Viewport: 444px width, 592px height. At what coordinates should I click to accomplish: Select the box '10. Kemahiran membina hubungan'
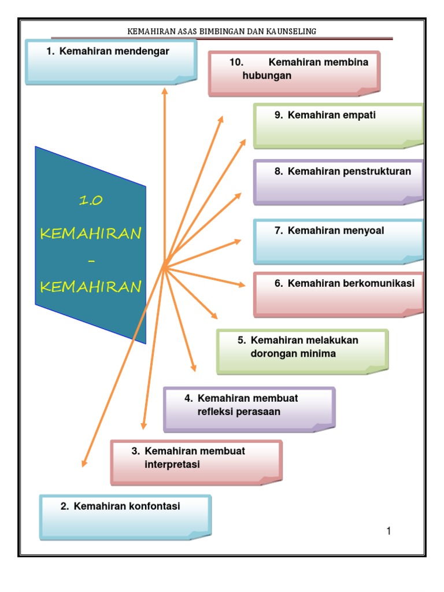click(x=294, y=73)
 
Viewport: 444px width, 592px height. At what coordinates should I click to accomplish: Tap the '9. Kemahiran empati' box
click(x=339, y=125)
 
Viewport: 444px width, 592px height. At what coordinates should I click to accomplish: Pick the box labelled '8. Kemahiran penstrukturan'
click(x=339, y=182)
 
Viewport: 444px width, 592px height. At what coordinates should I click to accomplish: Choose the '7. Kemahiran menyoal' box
click(x=339, y=241)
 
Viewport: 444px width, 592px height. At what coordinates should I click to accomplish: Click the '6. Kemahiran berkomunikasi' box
click(x=339, y=294)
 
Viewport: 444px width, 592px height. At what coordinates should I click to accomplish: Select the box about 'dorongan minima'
click(x=302, y=351)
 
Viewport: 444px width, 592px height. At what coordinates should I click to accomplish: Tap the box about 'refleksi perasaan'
click(x=249, y=409)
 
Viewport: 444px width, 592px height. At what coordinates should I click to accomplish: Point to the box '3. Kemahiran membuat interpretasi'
click(x=196, y=461)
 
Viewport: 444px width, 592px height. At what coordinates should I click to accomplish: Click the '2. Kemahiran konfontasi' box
click(x=125, y=516)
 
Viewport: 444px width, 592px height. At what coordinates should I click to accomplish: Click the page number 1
click(x=389, y=531)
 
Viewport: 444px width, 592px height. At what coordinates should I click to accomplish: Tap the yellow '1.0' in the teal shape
click(x=90, y=201)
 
